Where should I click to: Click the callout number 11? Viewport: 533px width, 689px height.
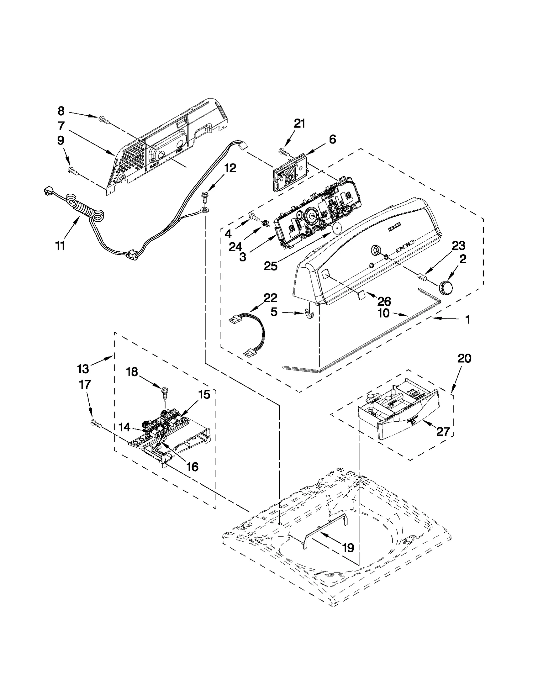click(x=60, y=246)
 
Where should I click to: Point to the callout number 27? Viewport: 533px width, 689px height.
click(x=443, y=432)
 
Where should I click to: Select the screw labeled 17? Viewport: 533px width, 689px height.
click(x=95, y=423)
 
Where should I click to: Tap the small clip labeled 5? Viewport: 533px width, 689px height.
click(x=310, y=313)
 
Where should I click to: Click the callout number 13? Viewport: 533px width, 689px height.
click(x=83, y=369)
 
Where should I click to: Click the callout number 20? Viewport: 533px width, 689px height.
click(x=464, y=359)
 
